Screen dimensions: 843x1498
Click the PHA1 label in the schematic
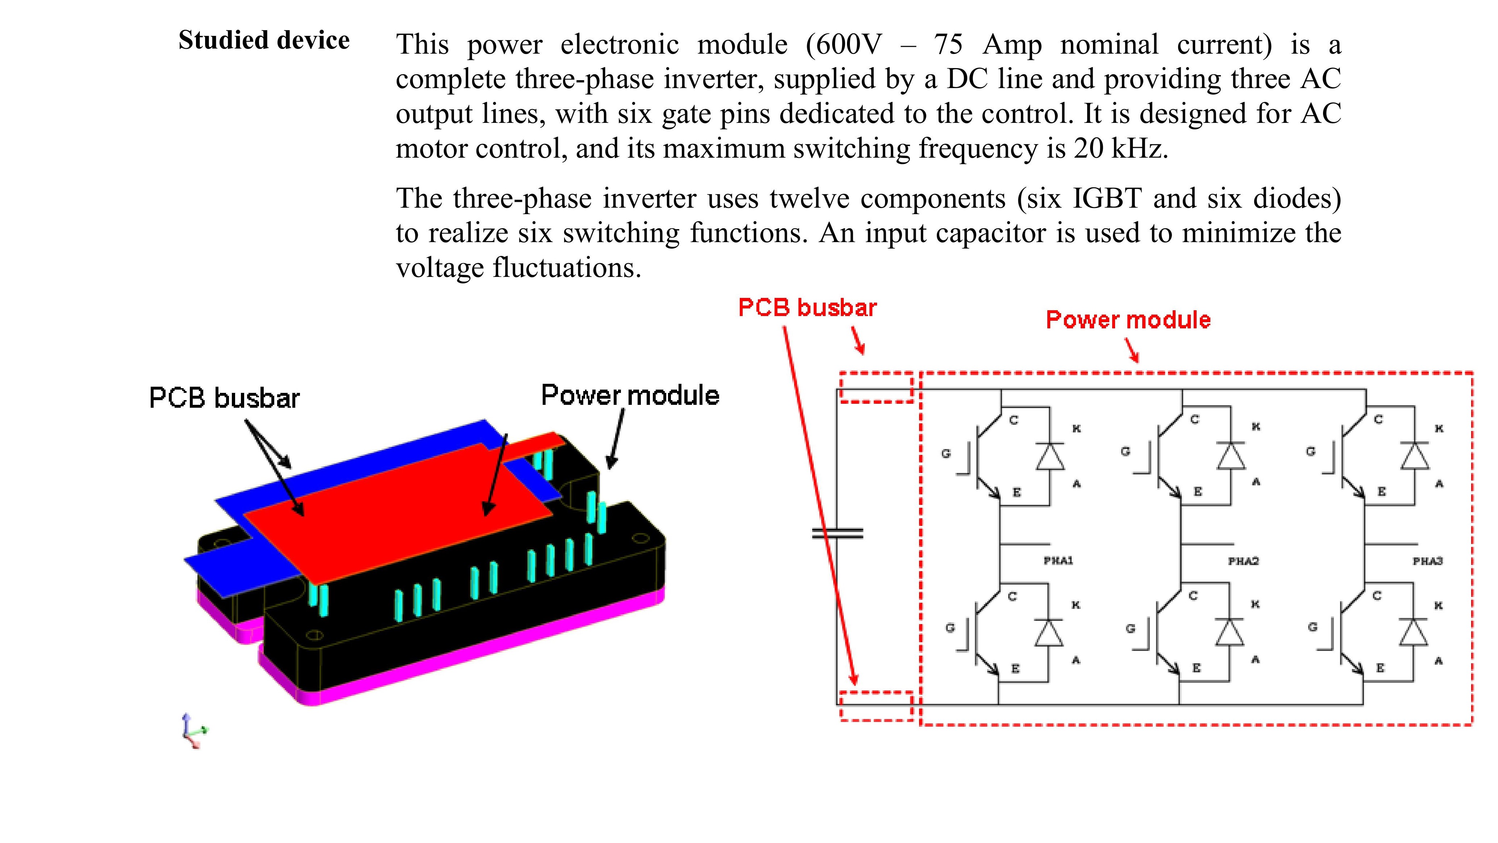point(1058,561)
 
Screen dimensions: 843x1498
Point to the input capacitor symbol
point(837,533)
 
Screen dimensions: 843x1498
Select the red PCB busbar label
point(807,308)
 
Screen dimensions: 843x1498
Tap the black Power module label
point(630,395)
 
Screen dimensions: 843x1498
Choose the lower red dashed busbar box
point(876,706)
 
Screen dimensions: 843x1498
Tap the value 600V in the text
point(844,45)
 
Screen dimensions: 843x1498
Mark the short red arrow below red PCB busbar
point(858,341)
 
